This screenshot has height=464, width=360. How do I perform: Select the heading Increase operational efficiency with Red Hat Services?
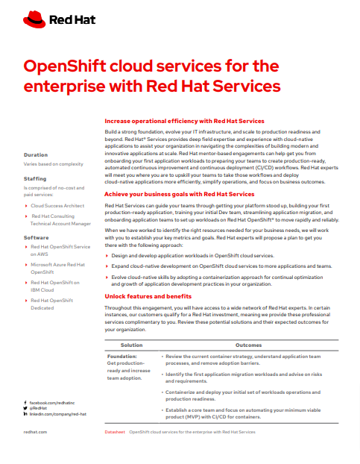point(184,120)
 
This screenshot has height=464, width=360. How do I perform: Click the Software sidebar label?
point(37,237)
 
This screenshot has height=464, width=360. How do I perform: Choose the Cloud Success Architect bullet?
point(58,204)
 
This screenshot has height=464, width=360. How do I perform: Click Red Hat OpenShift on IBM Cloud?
point(56,287)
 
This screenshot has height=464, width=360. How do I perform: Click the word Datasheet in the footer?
point(114,432)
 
